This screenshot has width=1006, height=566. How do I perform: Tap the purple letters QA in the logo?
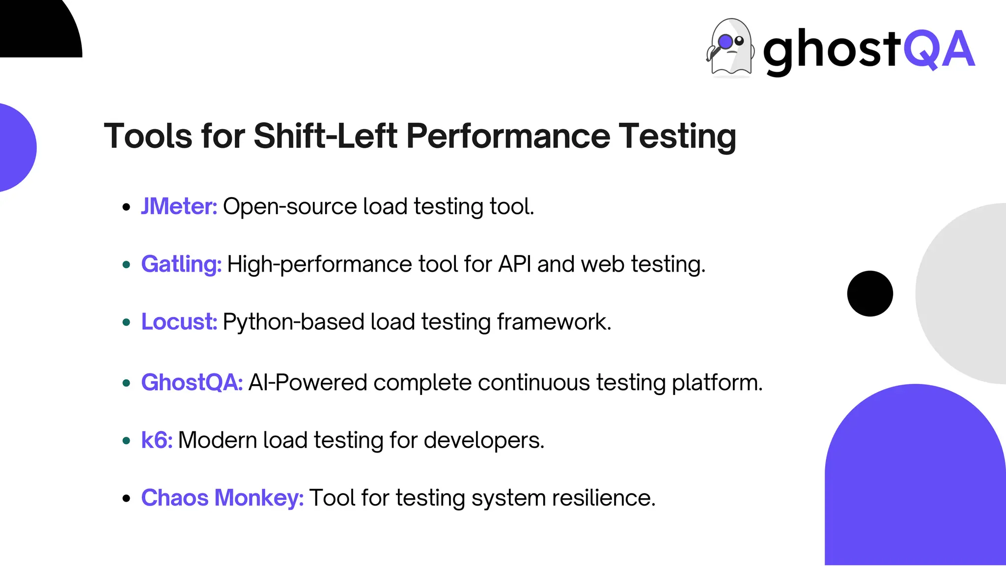939,49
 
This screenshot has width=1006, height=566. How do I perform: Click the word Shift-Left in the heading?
325,136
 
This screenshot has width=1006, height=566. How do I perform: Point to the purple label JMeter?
179,206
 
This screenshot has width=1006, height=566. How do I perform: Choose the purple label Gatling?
181,264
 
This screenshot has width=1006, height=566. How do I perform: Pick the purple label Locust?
179,322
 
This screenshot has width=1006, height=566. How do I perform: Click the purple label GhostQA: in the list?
192,382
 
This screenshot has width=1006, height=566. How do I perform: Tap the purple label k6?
157,440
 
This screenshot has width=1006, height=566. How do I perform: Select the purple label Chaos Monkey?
222,498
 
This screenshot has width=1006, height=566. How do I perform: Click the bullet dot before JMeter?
126,207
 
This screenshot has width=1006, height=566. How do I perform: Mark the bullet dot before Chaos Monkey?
126,499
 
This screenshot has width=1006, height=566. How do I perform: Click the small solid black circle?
870,293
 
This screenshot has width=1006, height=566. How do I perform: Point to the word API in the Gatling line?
514,264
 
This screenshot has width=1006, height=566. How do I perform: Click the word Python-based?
294,322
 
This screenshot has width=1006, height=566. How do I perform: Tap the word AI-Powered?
307,382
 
